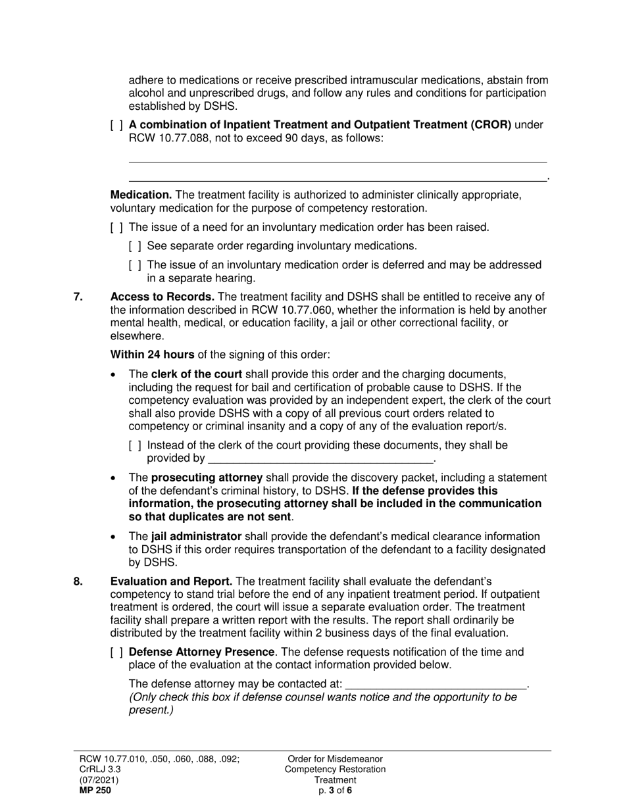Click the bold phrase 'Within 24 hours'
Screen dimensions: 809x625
152,355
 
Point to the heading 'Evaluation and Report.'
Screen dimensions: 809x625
171,581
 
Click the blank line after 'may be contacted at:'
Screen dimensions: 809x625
436,684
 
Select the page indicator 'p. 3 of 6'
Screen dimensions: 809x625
335,791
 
